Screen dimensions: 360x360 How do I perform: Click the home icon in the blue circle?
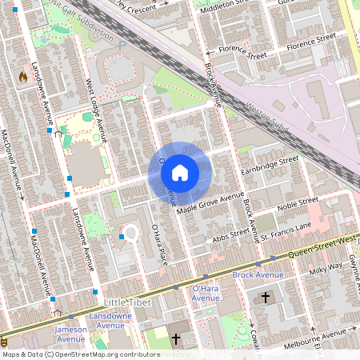pos(180,172)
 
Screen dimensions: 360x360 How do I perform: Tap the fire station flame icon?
pos(22,77)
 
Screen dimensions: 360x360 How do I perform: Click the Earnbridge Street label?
pos(273,164)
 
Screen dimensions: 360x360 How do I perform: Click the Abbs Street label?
pos(232,237)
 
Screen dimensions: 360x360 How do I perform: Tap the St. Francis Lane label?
pos(287,230)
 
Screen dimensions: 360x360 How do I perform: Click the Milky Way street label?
pos(326,270)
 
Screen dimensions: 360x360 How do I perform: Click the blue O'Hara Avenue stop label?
pos(206,293)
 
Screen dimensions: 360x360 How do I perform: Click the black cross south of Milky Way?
pos(266,298)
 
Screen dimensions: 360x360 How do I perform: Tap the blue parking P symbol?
pos(122,46)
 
